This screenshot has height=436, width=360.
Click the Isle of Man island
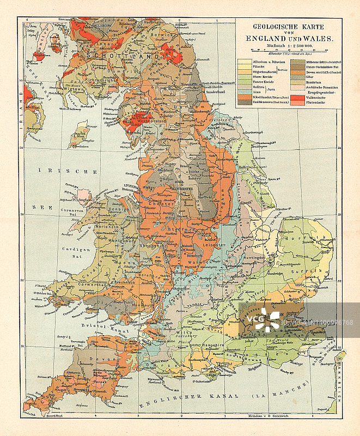coord(81,134)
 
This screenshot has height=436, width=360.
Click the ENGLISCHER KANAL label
coord(180,403)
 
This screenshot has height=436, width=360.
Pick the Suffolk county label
coord(315,270)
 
